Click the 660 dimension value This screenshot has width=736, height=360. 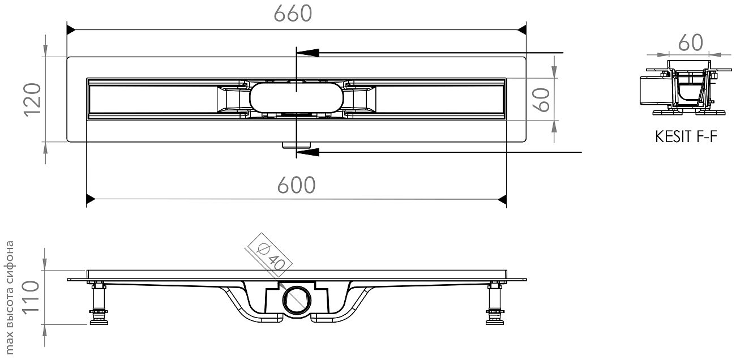point(293,14)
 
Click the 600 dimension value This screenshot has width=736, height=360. point(296,185)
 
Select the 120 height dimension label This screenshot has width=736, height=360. point(32,100)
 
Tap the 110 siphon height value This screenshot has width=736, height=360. point(31,297)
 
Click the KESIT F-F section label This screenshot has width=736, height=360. point(686,136)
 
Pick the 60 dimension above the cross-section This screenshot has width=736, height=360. point(691,42)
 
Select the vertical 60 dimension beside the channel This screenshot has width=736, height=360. point(541,100)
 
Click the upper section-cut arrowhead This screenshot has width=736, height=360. point(307,53)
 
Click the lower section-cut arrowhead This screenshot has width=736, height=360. point(307,152)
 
